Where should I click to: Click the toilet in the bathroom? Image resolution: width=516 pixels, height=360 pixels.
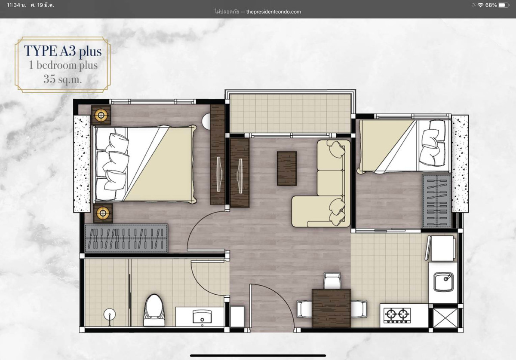pos(154,310)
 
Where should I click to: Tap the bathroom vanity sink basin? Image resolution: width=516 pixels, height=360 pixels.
pos(202,316)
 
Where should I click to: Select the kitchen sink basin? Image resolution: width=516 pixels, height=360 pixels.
pos(443,282)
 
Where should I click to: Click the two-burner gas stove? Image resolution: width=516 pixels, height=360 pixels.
pos(397,315)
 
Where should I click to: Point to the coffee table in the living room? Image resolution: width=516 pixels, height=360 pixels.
pos(286,168)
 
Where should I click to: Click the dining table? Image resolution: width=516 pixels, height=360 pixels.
pos(331,308)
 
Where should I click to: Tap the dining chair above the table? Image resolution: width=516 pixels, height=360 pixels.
pos(332,281)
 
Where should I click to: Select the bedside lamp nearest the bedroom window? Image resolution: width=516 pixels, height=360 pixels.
pos(101,115)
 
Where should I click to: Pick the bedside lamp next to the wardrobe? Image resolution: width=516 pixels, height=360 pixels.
pos(103,213)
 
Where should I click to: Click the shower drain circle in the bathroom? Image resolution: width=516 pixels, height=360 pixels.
pos(109,314)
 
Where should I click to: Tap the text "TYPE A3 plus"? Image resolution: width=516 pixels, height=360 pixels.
pos(63,51)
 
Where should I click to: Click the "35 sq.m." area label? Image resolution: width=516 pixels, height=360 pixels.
pos(63,79)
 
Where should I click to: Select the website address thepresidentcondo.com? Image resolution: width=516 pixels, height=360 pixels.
pos(273,12)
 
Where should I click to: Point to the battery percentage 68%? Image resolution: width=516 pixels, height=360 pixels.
pos(491,5)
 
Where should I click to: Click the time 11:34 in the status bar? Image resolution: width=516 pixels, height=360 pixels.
pos(14,5)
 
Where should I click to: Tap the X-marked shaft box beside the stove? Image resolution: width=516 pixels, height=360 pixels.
pos(445,318)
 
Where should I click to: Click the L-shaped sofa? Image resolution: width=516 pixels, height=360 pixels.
pos(321,183)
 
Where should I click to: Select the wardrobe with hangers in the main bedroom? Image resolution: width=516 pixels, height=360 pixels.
pos(126,238)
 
